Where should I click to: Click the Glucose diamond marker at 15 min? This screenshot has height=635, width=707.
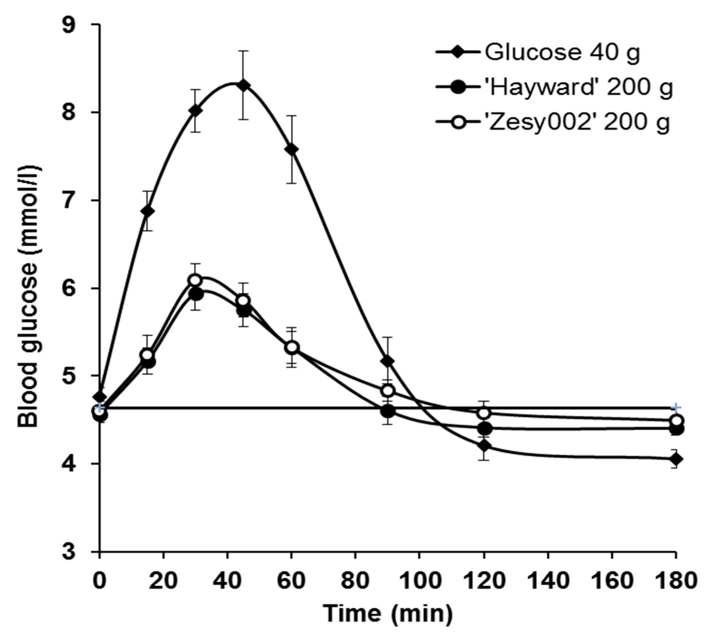(148, 211)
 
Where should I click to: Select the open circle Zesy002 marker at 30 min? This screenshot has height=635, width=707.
(195, 280)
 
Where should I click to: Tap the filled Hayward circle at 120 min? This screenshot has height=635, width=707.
(484, 428)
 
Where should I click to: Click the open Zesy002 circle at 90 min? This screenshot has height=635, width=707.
(388, 391)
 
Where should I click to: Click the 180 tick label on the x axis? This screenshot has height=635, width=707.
(675, 581)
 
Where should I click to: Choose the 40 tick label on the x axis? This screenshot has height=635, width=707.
(227, 581)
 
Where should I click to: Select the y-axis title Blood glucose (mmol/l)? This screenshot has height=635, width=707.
(28, 296)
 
